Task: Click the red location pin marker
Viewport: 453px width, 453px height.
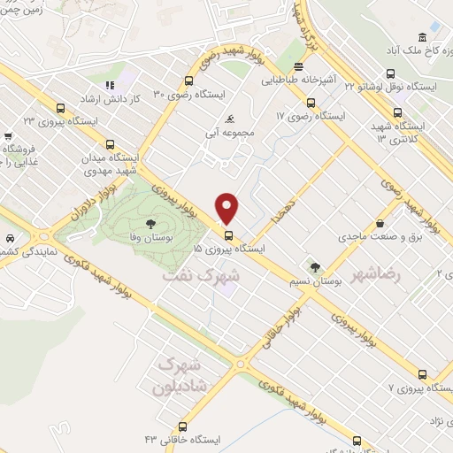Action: pyautogui.click(x=228, y=208)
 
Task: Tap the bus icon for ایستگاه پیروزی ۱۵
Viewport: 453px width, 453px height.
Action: pyautogui.click(x=228, y=235)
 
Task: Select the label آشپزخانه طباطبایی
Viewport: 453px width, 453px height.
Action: pyautogui.click(x=299, y=79)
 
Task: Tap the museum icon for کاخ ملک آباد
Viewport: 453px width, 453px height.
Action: pyautogui.click(x=421, y=36)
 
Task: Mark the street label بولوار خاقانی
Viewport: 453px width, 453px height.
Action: pyautogui.click(x=279, y=327)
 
